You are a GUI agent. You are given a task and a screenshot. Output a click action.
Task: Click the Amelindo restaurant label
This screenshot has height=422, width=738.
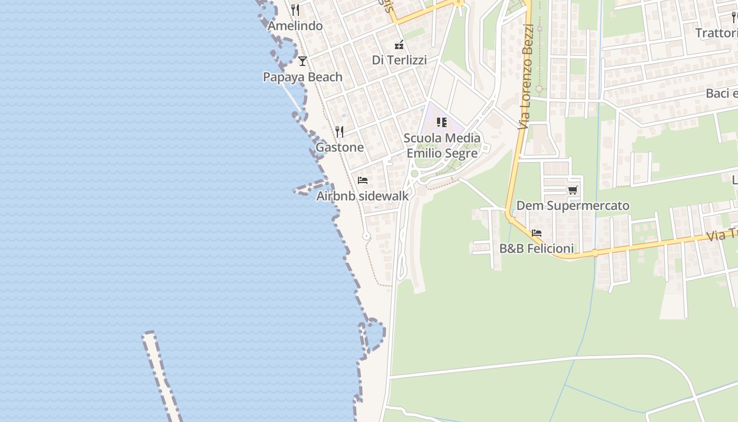(295, 26)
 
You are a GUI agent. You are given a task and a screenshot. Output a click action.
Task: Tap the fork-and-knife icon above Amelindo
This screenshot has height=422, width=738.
(295, 10)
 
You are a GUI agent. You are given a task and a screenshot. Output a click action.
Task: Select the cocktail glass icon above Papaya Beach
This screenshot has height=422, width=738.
(302, 61)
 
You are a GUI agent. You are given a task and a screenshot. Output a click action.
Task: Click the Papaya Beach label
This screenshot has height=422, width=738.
(303, 77)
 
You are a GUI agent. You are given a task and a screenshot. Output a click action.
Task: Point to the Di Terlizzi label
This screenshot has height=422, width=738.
(399, 60)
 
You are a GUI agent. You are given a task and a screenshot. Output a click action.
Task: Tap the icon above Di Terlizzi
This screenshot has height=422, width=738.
(399, 45)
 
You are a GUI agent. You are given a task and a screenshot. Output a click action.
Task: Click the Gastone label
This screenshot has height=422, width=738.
(339, 147)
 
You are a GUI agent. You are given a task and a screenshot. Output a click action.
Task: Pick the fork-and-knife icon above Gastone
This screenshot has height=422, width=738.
(339, 131)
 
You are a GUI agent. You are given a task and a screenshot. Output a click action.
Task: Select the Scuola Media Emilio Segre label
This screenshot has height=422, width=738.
(442, 146)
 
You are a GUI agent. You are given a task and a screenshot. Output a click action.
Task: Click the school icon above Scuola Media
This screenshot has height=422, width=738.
(442, 123)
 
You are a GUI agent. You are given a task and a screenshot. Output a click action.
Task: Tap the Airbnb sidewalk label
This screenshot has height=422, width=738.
(362, 196)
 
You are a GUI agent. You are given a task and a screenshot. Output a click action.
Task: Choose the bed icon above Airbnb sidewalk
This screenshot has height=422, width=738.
(362, 180)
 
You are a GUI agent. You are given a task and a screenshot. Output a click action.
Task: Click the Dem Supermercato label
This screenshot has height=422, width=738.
(572, 206)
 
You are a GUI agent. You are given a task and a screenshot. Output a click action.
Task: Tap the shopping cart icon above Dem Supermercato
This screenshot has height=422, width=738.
(572, 190)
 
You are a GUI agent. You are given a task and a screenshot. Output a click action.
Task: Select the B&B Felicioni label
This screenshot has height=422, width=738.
(537, 248)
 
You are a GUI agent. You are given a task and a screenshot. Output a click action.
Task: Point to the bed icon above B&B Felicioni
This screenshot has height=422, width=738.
(537, 233)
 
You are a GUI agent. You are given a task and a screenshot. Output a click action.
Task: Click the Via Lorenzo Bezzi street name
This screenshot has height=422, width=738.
(526, 76)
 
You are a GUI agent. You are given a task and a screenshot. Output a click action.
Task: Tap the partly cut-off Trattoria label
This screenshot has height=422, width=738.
(716, 33)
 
